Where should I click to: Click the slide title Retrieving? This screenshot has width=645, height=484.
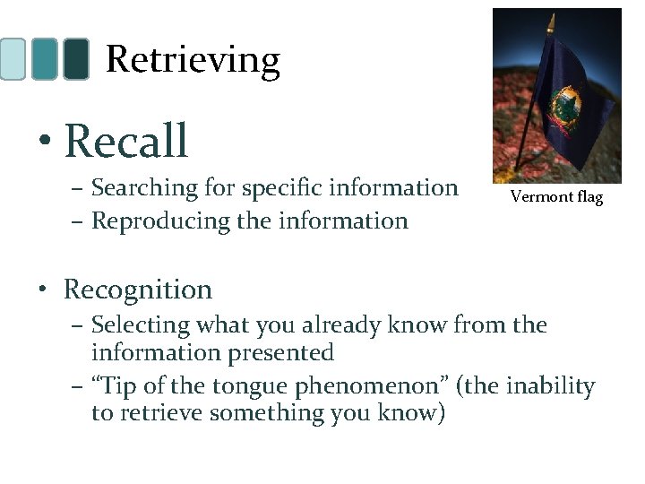pyautogui.click(x=193, y=60)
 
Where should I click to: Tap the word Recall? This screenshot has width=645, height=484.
pyautogui.click(x=126, y=141)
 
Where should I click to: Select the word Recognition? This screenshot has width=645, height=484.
pyautogui.click(x=138, y=290)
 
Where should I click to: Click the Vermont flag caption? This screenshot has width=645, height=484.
pyautogui.click(x=556, y=196)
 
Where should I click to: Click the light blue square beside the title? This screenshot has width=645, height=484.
pyautogui.click(x=13, y=59)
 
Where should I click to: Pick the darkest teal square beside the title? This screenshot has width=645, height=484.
pyautogui.click(x=77, y=59)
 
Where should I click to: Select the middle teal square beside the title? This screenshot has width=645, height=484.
pyautogui.click(x=44, y=59)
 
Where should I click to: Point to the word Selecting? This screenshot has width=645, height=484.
pyautogui.click(x=143, y=324)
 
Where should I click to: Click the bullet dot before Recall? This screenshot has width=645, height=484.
pyautogui.click(x=43, y=143)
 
